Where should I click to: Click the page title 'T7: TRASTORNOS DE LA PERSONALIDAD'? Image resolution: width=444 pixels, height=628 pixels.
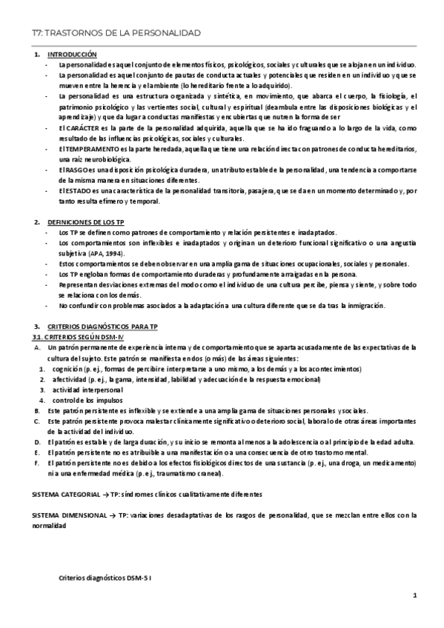pos(111,33)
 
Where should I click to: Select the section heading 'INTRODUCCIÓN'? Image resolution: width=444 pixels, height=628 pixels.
pos(72,56)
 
